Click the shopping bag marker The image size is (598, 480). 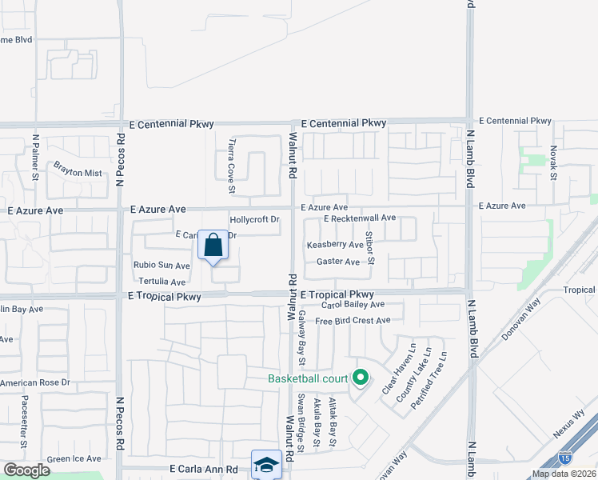214,246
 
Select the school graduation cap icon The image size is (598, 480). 265,464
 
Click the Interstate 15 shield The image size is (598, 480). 565,458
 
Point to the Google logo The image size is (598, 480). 27,470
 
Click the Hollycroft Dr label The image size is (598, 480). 255,219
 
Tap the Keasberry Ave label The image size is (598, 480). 335,245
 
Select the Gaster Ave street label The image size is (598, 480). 338,262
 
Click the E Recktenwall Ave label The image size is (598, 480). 360,218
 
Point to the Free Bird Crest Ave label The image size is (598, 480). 353,321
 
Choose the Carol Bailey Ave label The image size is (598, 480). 353,305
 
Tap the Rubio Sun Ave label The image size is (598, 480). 161,266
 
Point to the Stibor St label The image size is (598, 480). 370,249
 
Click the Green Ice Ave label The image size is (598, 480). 74,458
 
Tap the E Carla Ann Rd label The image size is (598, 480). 204,470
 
